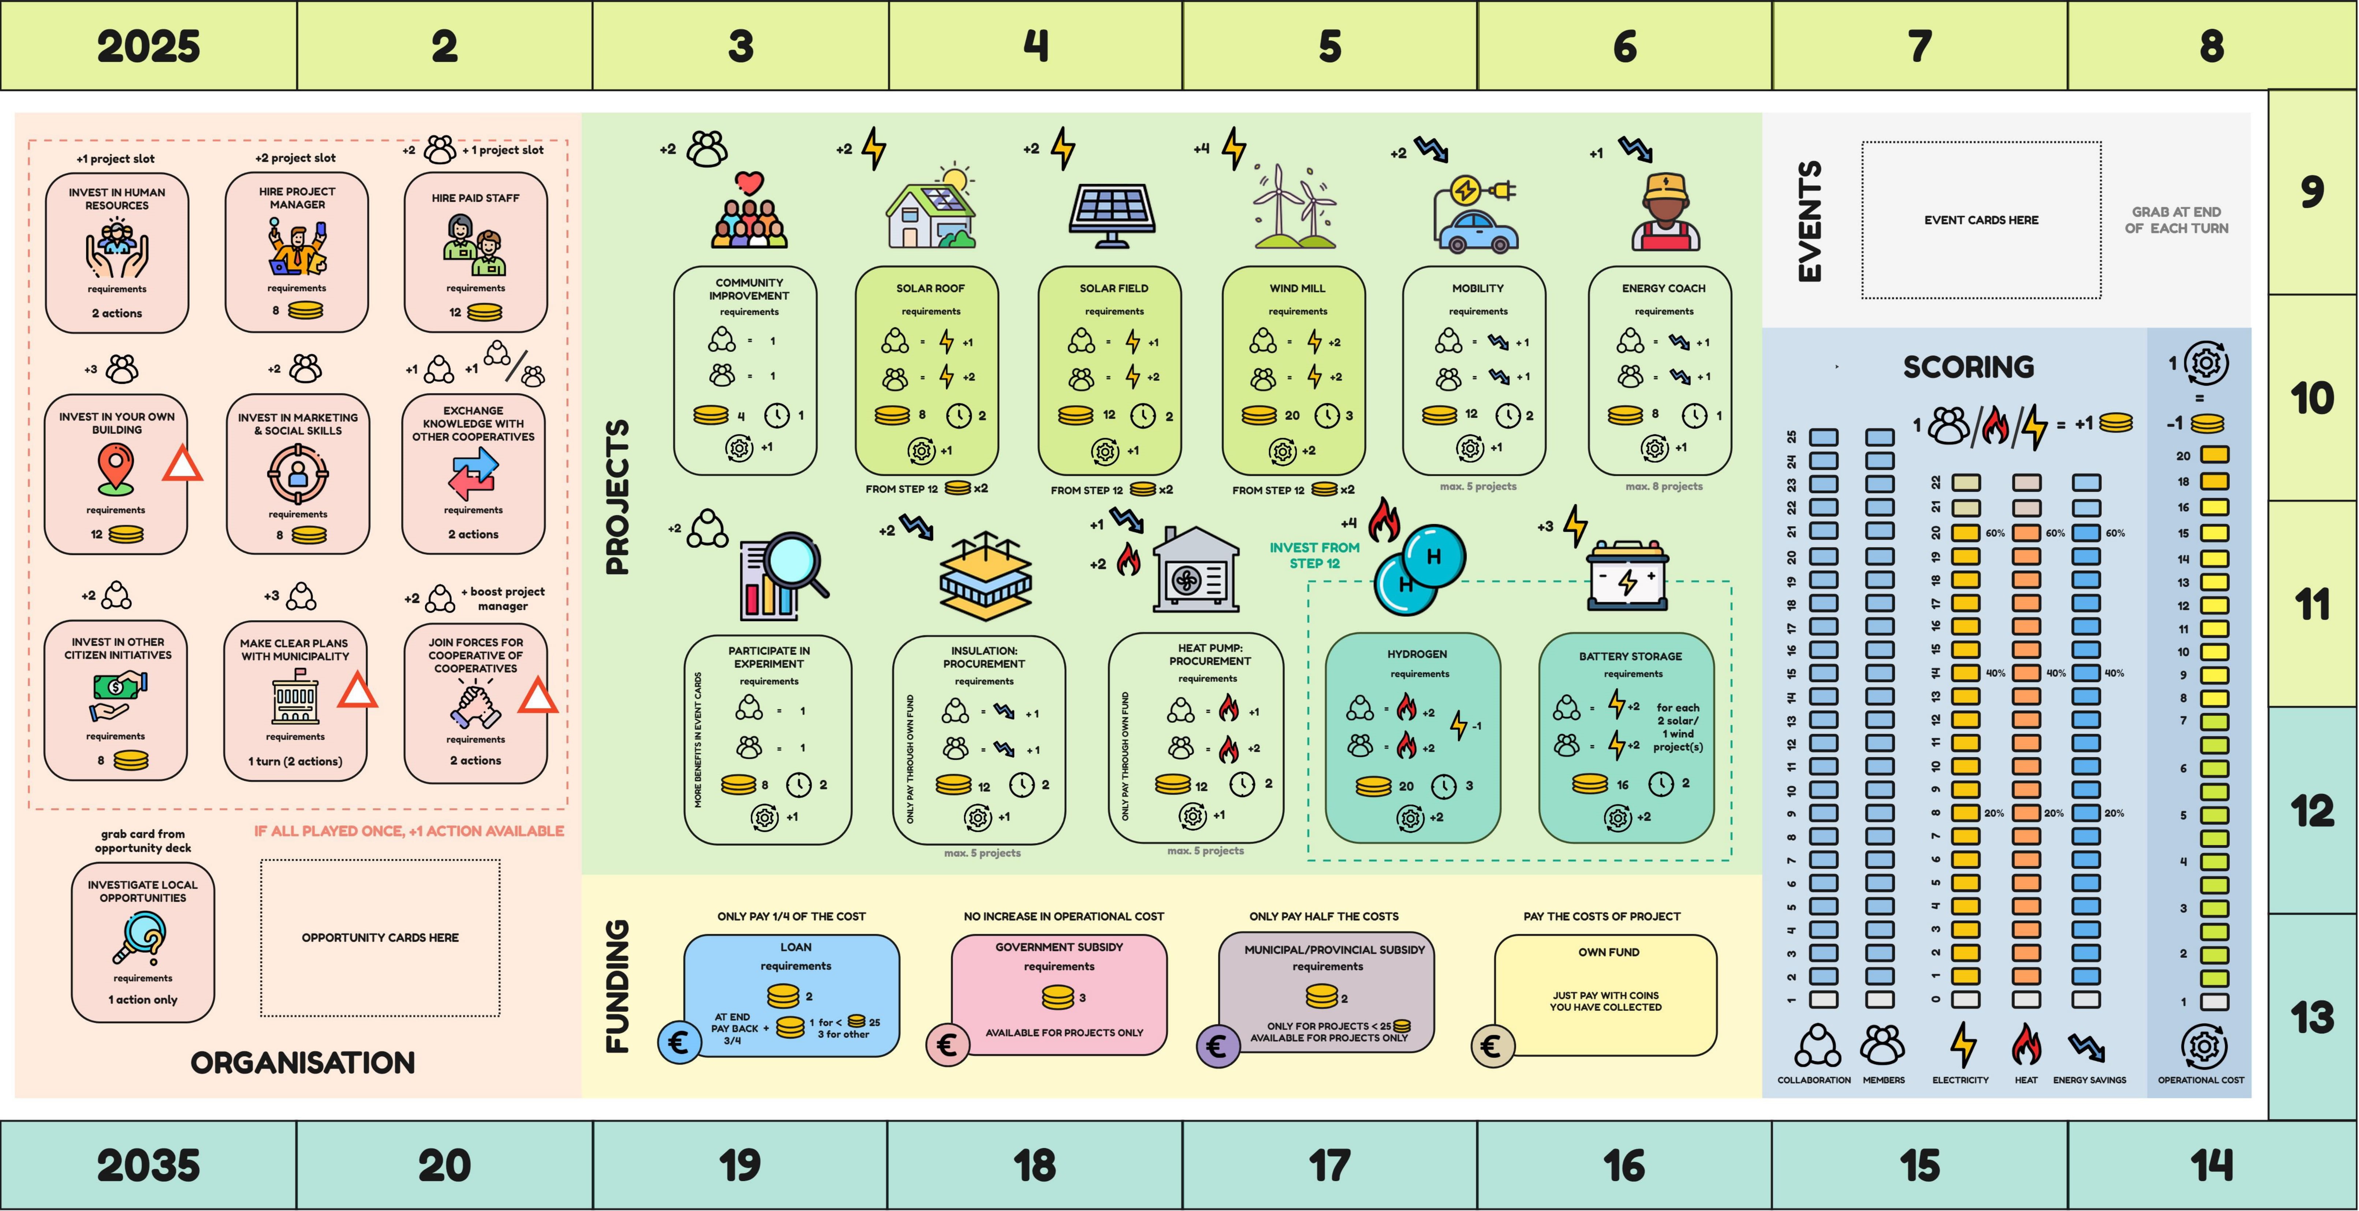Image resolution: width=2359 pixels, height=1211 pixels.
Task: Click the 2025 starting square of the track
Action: coord(148,46)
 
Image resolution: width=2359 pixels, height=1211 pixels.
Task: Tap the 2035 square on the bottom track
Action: coord(148,1165)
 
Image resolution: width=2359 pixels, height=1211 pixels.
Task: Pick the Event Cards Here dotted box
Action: coord(1981,220)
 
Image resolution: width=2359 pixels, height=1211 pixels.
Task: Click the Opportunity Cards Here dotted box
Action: coord(380,937)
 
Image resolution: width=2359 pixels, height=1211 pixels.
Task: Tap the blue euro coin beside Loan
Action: coord(679,1043)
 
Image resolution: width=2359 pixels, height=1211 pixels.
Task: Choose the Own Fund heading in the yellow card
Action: coord(1608,952)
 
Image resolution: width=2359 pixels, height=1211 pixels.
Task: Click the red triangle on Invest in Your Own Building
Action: coord(182,464)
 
